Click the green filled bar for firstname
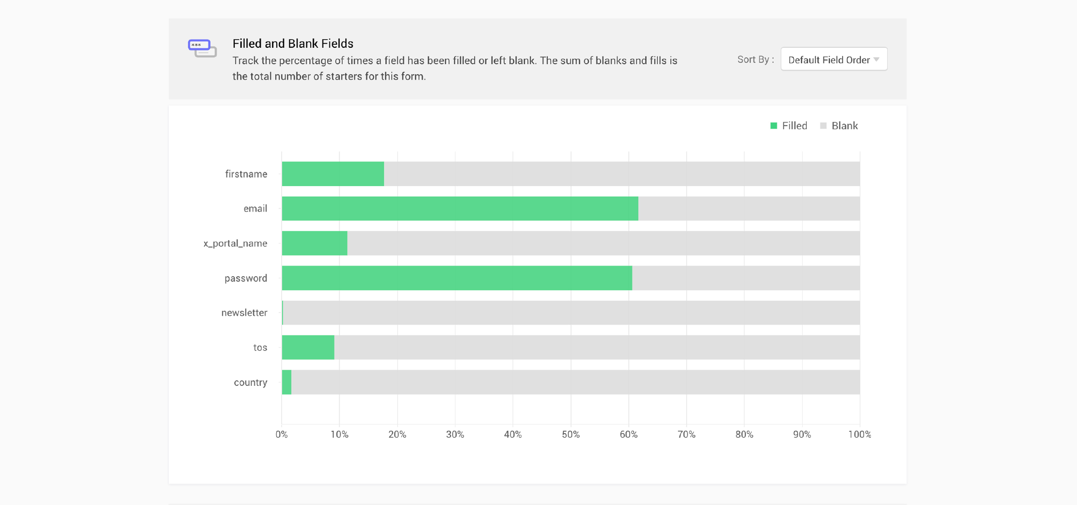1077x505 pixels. (333, 174)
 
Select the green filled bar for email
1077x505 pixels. (460, 209)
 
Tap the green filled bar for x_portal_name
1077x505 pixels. (314, 243)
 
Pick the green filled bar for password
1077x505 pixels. (457, 278)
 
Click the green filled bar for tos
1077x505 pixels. (308, 348)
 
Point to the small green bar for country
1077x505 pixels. (287, 382)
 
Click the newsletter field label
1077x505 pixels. (244, 313)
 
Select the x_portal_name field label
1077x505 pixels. (235, 244)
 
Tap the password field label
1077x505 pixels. (246, 278)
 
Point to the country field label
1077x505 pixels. (250, 383)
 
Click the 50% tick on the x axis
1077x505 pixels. (571, 435)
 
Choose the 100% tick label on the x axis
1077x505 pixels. (859, 435)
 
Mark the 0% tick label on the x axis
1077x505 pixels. (282, 435)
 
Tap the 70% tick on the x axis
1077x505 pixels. (686, 435)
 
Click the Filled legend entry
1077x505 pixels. (789, 126)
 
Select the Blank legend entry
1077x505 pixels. (839, 126)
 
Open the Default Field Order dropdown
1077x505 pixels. (834, 59)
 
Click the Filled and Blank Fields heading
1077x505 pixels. (293, 44)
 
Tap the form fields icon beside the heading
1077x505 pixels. (203, 48)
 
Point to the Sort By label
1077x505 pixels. (755, 59)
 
